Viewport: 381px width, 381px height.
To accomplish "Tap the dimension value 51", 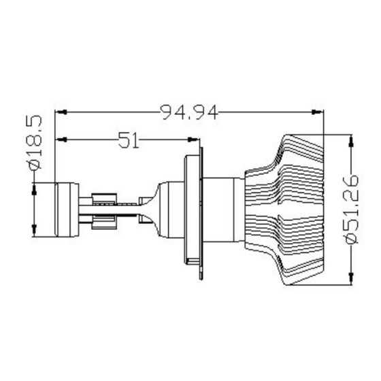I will [129, 140].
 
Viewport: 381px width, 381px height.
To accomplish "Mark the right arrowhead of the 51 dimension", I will [197, 140].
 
